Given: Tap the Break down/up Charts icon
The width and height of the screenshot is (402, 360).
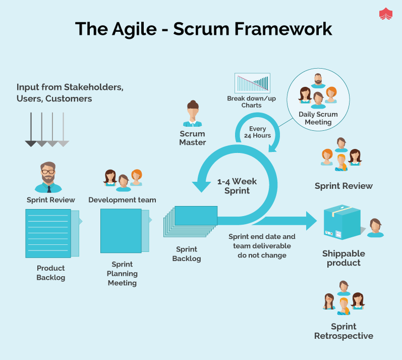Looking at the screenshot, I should [x=252, y=83].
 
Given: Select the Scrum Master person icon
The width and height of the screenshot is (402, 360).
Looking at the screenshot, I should [x=192, y=114].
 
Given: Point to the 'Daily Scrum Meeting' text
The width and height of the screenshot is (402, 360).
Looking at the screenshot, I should [x=318, y=118].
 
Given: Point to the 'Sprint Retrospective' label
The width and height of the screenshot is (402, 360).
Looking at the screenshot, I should [x=343, y=331].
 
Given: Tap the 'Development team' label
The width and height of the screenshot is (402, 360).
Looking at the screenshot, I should [x=122, y=200].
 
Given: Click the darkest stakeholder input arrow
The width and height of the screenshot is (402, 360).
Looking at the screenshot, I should [x=31, y=129].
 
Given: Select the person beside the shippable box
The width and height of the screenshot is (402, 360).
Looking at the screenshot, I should [x=375, y=228].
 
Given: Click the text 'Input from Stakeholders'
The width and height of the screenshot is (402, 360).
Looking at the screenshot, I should [x=70, y=87].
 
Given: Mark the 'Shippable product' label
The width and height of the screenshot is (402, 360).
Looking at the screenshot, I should [x=343, y=258].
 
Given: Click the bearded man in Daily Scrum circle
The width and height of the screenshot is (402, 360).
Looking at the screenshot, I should [x=318, y=81].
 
